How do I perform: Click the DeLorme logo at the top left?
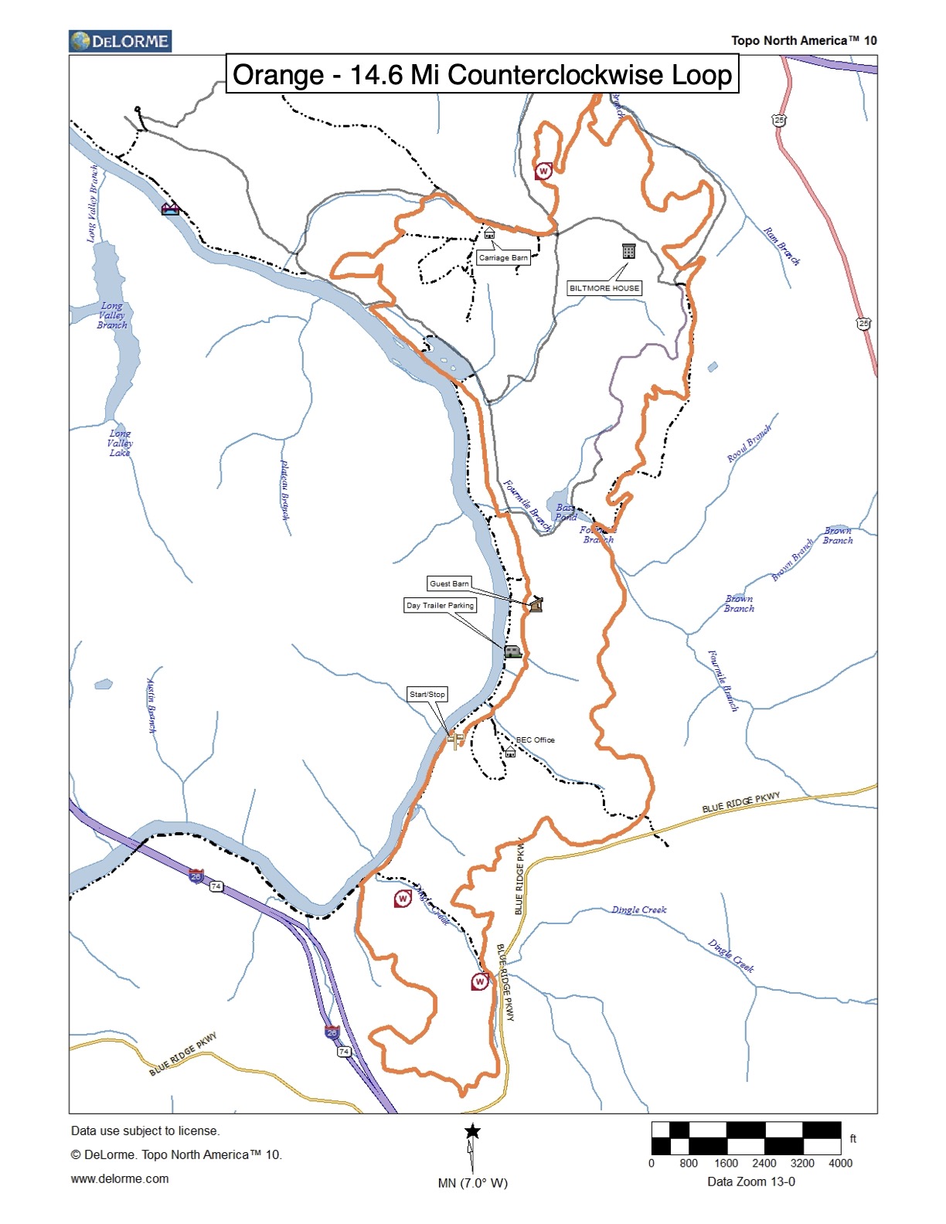tap(120, 41)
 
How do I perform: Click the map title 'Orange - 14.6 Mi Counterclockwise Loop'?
tap(482, 75)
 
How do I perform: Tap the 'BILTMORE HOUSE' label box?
tap(604, 288)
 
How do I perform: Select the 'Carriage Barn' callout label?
tap(503, 258)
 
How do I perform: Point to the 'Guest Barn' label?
tap(449, 583)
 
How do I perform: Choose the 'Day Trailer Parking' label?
tap(440, 605)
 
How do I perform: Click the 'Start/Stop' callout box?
tap(427, 694)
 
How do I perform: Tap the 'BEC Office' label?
tap(535, 739)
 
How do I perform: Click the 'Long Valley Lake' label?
tap(120, 443)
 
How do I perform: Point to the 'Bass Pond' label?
tap(566, 512)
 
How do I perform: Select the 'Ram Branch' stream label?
tap(781, 246)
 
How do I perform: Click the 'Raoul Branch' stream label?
tap(749, 444)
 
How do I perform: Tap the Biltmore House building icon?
tap(628, 250)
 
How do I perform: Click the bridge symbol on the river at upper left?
tap(170, 209)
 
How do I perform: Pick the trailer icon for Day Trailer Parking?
tap(513, 651)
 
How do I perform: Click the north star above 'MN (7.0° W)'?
tap(472, 1132)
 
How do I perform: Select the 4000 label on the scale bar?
tap(840, 1163)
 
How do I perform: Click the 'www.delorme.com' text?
tap(120, 1178)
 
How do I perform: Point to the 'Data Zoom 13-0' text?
tap(750, 1181)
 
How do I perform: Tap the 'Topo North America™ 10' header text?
tap(804, 41)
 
